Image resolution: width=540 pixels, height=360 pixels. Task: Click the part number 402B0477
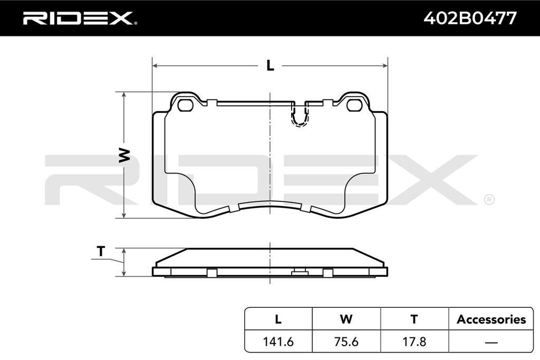(x=470, y=18)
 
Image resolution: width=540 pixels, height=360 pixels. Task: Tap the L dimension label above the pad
(x=271, y=65)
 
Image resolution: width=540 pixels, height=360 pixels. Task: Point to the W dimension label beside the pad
(x=124, y=155)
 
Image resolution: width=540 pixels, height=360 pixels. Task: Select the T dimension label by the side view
(x=101, y=251)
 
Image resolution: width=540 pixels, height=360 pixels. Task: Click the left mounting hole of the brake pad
(x=186, y=105)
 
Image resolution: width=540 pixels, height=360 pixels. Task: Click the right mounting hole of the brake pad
(x=354, y=105)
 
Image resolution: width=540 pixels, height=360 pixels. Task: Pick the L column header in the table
(x=278, y=319)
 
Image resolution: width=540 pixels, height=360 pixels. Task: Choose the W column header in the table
(x=346, y=319)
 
